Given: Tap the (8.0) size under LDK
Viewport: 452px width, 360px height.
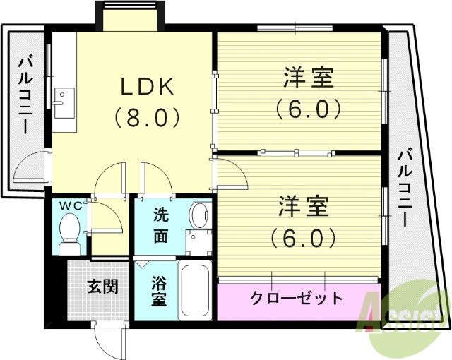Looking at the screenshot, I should (147, 116).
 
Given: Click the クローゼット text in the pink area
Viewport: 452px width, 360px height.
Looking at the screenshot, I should (297, 297).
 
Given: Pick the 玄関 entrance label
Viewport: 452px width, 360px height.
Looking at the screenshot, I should (102, 287).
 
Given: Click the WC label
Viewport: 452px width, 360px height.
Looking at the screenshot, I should (71, 205).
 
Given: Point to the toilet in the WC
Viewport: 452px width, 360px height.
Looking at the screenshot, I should (70, 233).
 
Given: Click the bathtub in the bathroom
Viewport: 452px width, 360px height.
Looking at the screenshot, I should (196, 292).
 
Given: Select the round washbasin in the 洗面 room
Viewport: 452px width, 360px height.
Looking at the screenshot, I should (201, 214).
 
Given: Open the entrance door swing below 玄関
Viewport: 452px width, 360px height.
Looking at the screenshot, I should (108, 342).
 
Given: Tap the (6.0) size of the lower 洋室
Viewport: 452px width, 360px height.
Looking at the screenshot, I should (304, 237).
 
